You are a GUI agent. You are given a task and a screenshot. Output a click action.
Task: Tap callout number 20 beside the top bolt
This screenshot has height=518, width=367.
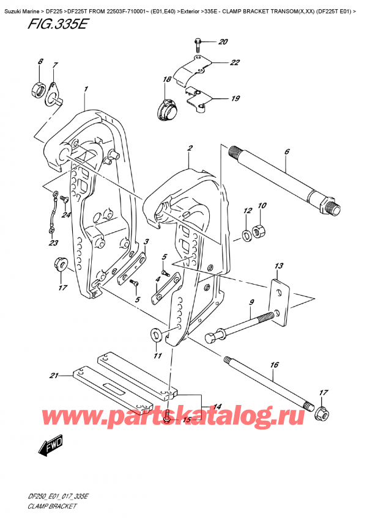tap(222, 42)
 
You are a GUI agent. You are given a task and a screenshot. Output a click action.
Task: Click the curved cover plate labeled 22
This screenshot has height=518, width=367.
tap(190, 72)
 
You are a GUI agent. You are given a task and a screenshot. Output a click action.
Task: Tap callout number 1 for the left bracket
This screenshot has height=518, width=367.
tap(86, 89)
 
